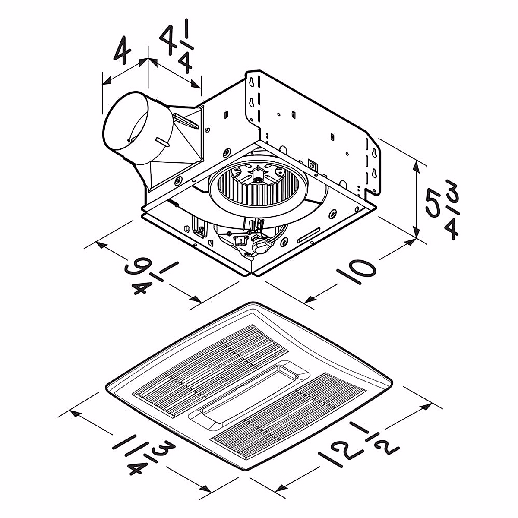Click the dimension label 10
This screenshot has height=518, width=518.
coord(356,271)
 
